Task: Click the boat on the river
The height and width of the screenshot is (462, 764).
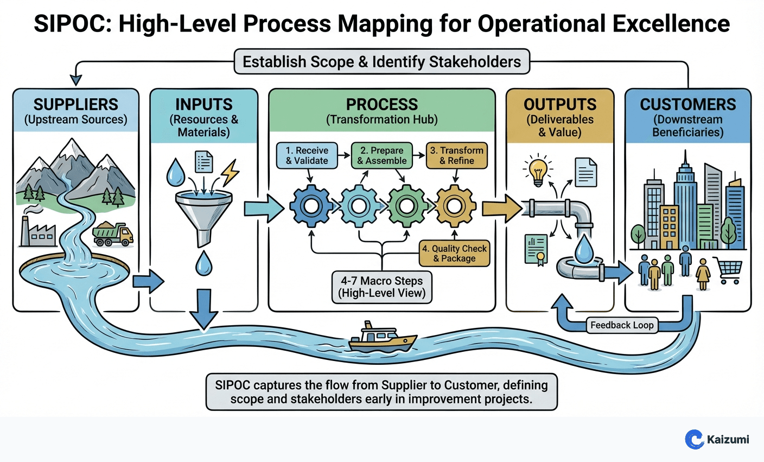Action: [382, 337]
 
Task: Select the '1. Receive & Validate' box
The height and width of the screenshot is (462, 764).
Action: [307, 155]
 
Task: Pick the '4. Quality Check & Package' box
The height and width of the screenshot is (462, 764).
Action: [455, 254]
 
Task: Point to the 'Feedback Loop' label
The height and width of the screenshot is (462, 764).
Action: [622, 325]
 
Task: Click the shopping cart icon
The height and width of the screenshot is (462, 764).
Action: [728, 270]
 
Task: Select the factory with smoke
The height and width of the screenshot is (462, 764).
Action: [37, 231]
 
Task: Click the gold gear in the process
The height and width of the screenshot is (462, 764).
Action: [456, 206]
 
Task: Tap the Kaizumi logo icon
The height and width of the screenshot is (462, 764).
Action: [694, 439]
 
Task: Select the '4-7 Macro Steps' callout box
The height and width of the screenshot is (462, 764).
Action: [381, 287]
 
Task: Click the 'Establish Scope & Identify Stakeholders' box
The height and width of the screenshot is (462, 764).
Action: [381, 62]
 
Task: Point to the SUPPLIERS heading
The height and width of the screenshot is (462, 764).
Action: [76, 104]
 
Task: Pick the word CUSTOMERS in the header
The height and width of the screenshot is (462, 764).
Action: [687, 104]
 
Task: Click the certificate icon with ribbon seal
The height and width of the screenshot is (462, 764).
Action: [536, 250]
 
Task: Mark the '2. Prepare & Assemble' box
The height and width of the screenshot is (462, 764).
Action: [382, 155]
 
